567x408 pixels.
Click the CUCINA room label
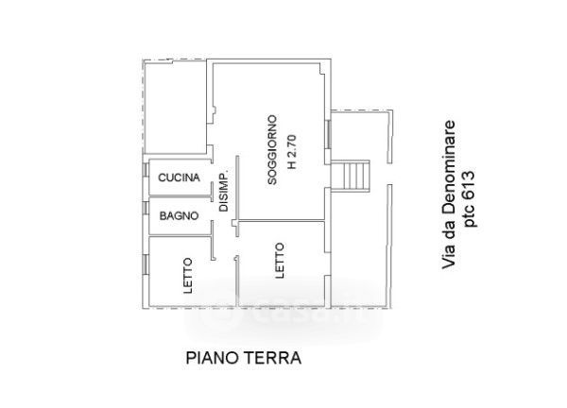pos(179,178)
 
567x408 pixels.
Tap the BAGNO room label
pos(179,216)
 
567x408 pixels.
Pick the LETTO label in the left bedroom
pos(188,274)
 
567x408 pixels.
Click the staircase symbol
pos(353,176)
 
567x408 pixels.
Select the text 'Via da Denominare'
pos(450,197)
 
